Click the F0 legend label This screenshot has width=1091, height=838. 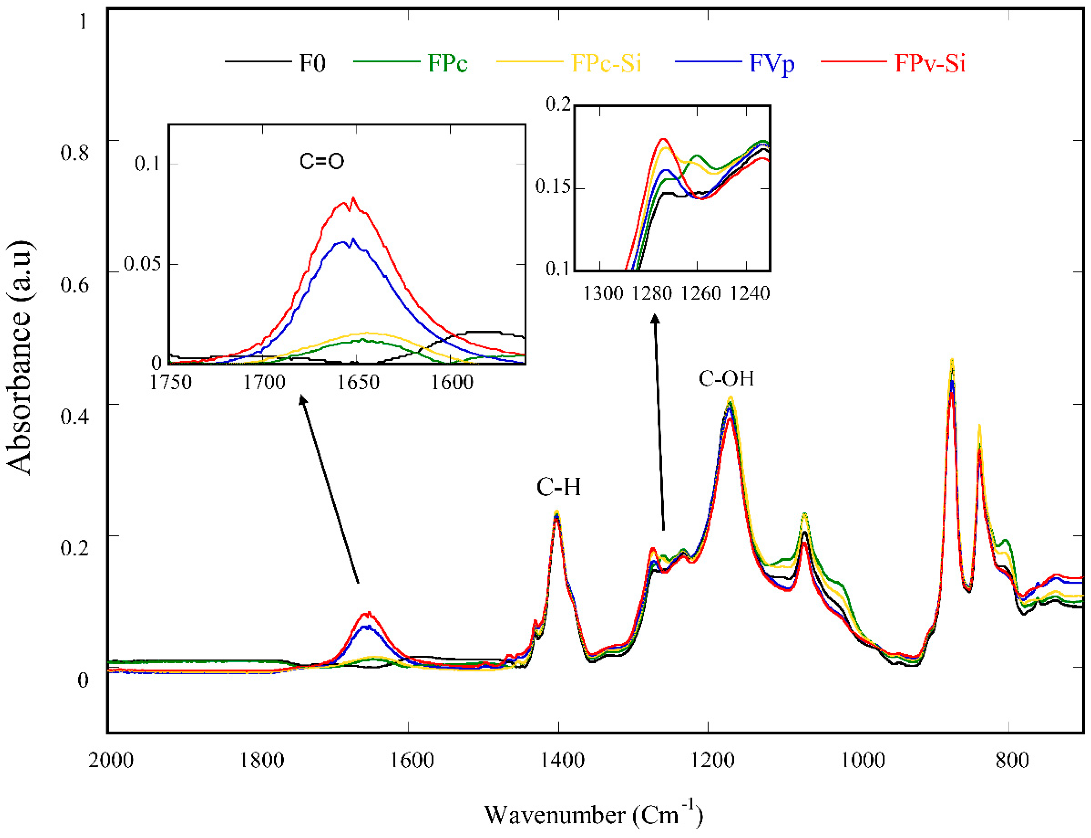312,63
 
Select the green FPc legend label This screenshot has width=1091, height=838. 447,63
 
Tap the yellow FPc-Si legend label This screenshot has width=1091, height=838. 606,63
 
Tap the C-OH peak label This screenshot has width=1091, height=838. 726,379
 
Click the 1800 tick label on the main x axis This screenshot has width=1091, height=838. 261,760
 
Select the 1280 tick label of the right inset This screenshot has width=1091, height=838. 652,293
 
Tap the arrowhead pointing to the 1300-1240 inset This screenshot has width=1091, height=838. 655,318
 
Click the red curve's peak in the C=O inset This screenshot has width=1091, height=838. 353,199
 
